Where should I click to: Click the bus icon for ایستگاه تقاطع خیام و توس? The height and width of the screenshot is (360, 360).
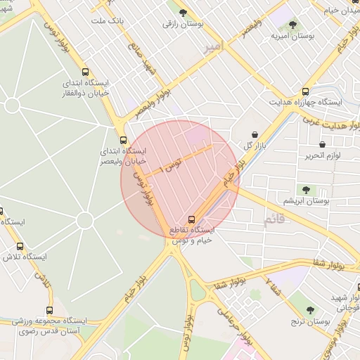[192, 219]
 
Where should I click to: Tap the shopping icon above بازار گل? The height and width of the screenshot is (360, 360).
[253, 134]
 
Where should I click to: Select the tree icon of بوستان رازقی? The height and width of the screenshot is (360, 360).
[182, 13]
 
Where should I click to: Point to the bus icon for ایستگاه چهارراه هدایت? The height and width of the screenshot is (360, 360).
[304, 91]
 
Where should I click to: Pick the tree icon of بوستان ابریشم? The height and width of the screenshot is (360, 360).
[305, 189]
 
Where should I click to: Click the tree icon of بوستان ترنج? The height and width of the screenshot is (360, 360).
[311, 309]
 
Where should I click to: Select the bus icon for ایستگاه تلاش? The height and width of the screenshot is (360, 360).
[19, 246]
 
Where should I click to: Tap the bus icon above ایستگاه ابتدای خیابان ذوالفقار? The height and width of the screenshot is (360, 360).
[85, 72]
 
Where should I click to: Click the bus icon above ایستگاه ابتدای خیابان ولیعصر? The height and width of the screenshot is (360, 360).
[123, 140]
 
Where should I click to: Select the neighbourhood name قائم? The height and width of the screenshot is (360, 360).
[275, 220]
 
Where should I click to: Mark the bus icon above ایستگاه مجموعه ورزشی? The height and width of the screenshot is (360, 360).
[49, 310]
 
